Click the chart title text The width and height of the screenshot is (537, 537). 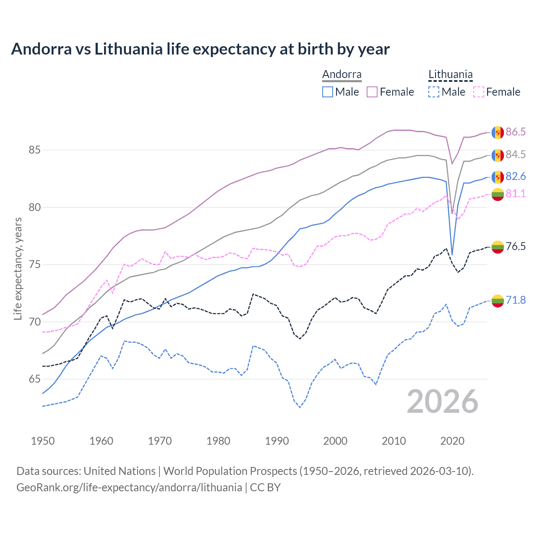point(201,49)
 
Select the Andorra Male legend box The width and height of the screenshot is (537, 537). point(328,92)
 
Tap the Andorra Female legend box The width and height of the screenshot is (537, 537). point(372,92)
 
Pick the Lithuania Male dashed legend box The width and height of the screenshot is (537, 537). point(434,92)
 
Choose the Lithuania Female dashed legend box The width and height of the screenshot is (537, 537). point(479,92)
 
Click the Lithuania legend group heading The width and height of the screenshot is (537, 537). point(450,75)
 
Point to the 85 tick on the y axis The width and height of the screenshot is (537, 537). point(35,150)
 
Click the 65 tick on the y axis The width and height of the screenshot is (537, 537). point(35,379)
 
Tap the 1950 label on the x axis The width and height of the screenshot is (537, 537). point(43,441)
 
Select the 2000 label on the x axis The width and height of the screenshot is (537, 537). point(335,441)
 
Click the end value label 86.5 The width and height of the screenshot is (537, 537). point(516,132)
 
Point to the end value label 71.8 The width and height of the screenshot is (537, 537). point(516,300)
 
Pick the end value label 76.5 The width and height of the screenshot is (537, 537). point(516,246)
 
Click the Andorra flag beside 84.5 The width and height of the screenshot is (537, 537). point(498,155)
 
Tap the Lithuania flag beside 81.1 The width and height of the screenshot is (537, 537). point(498,194)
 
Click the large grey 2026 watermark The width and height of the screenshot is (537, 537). point(443,402)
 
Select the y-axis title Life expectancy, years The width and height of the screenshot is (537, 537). point(18,268)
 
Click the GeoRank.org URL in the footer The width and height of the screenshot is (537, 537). point(129,487)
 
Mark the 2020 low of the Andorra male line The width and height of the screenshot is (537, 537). point(452,254)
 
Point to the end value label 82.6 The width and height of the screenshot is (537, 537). point(516,177)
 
